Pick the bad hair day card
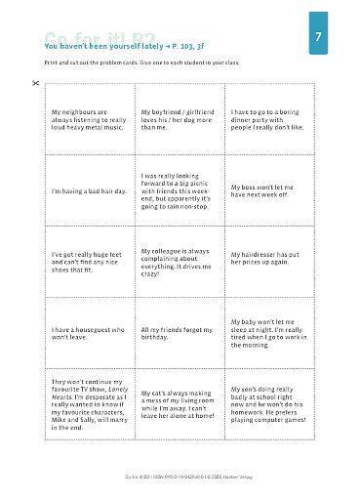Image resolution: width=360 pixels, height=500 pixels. (x=90, y=190)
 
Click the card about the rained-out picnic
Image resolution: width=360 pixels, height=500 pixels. (x=180, y=190)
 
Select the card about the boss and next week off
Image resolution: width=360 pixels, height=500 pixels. (x=269, y=190)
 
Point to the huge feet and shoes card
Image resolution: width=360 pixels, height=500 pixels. (x=90, y=261)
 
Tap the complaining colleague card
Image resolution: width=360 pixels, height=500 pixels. (x=180, y=261)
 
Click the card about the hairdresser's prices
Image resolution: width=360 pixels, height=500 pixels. (x=269, y=261)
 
